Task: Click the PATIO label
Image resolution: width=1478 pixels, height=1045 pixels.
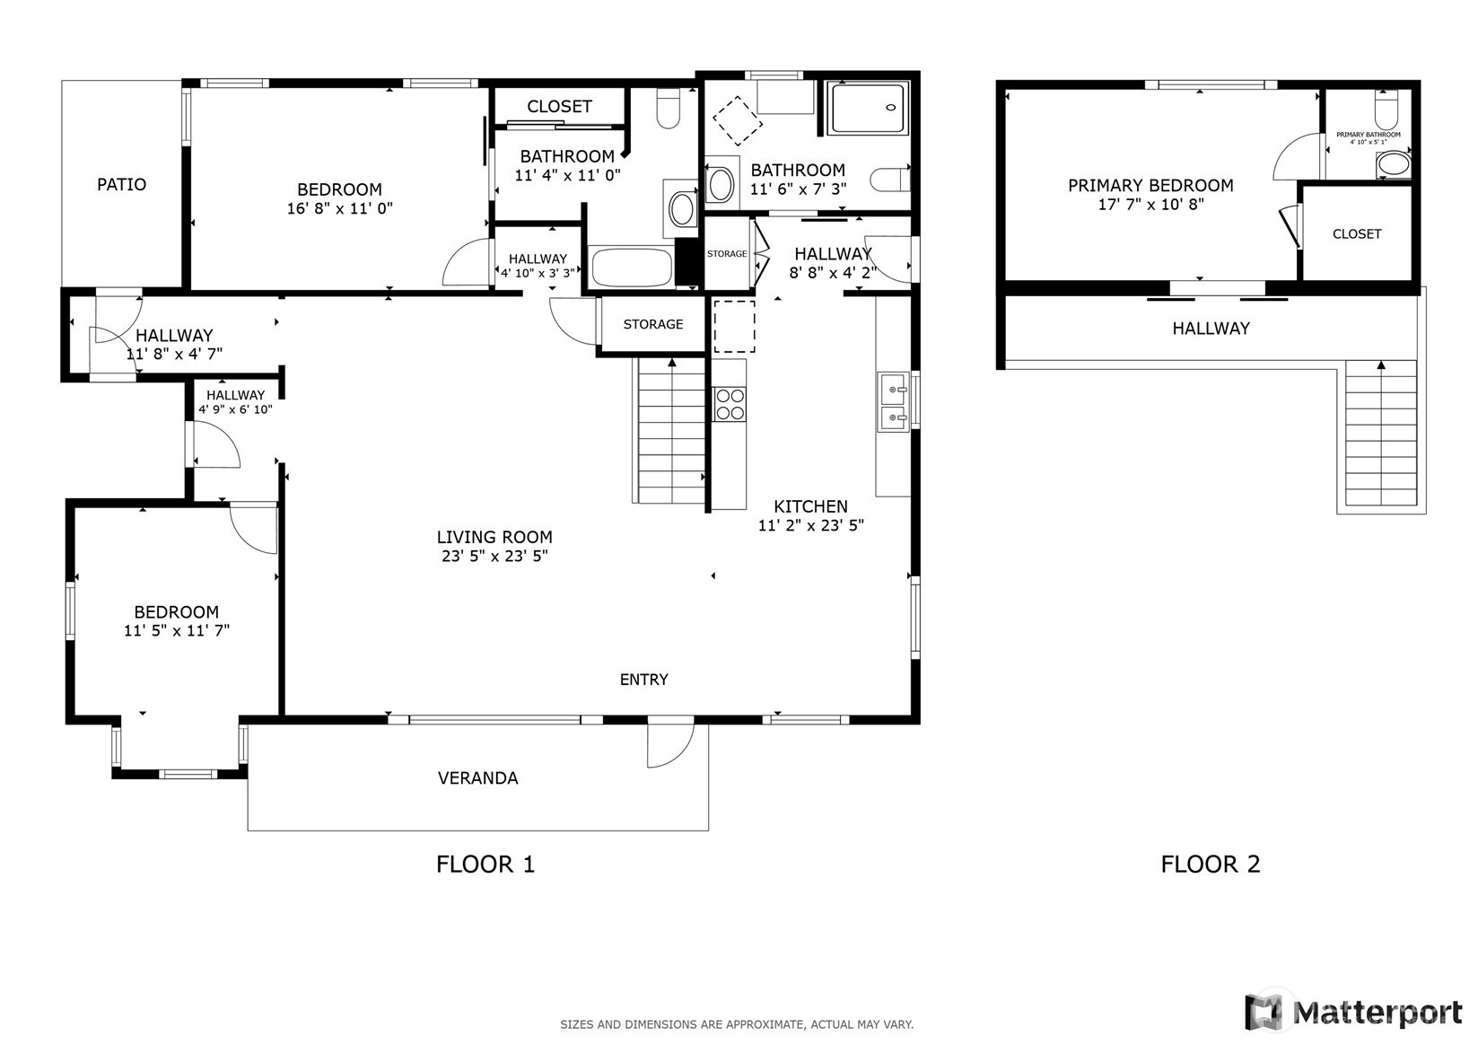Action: (121, 184)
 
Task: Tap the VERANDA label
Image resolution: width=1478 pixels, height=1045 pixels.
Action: (477, 778)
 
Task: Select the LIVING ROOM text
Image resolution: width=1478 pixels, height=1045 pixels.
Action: (494, 537)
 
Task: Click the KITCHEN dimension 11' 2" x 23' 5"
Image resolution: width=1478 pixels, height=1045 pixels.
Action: (811, 525)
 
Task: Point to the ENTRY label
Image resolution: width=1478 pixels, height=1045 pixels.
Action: (644, 680)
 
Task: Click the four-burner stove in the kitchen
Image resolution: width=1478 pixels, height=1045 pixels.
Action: (730, 404)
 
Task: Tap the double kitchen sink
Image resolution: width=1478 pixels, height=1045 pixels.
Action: (894, 402)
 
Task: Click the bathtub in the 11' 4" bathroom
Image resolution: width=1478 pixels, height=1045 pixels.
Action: (632, 267)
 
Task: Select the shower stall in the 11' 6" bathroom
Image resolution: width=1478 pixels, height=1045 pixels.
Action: (870, 108)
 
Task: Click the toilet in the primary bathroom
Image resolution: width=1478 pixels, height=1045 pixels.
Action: (1386, 110)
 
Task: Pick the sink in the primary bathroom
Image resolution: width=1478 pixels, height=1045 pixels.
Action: (1394, 164)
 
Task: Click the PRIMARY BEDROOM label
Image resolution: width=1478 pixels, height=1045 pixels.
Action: (1150, 186)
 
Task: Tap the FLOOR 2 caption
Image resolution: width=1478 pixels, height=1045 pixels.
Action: (1210, 865)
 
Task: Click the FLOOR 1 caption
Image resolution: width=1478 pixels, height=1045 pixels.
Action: (485, 865)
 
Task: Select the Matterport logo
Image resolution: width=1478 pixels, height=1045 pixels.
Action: (1353, 1012)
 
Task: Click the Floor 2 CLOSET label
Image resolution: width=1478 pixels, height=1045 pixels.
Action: (1357, 233)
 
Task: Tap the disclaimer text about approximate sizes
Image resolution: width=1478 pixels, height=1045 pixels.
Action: (737, 1024)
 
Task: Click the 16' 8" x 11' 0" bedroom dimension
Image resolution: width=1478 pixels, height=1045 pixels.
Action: (340, 208)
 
